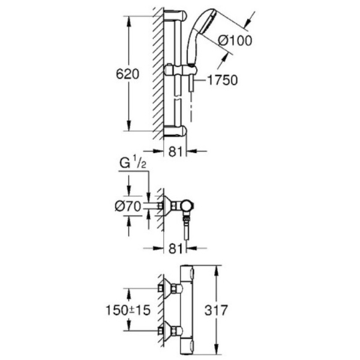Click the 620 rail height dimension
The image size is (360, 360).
pyautogui.click(x=127, y=74)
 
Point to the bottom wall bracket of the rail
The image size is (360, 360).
pyautogui.click(x=176, y=130)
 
